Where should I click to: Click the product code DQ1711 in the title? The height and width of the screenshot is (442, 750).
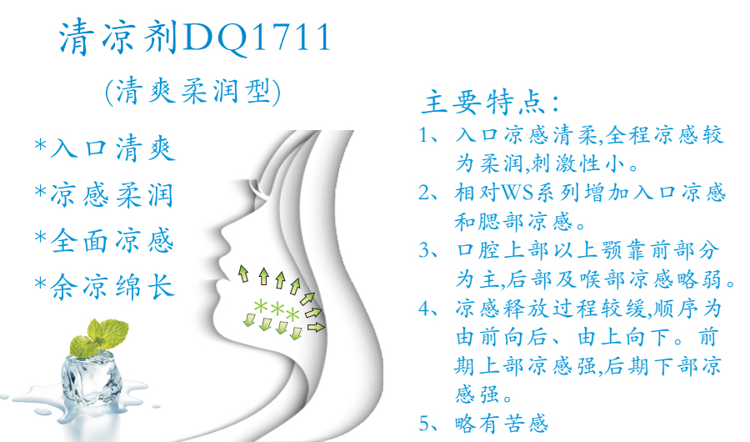pyautogui.click(x=256, y=38)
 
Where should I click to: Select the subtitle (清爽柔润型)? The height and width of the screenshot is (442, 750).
pyautogui.click(x=192, y=91)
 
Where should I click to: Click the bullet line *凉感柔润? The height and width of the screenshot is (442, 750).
pyautogui.click(x=104, y=194)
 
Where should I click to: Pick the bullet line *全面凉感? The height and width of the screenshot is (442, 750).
pyautogui.click(x=104, y=240)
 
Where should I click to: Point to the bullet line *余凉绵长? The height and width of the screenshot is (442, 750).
pyautogui.click(x=104, y=286)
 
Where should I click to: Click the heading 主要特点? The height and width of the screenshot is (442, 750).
pyautogui.click(x=490, y=103)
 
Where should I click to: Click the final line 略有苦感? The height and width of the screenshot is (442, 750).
pyautogui.click(x=502, y=424)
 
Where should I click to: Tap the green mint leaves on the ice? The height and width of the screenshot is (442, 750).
pyautogui.click(x=99, y=338)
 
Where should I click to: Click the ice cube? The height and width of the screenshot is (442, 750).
pyautogui.click(x=92, y=377)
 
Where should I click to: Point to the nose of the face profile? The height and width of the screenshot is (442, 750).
pyautogui.click(x=224, y=236)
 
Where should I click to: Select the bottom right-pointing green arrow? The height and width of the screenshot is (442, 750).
pyautogui.click(x=316, y=327)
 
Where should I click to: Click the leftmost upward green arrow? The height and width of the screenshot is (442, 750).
pyautogui.click(x=243, y=274)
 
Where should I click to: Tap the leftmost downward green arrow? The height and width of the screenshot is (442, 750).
pyautogui.click(x=249, y=319)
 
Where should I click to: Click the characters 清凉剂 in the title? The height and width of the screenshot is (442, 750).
pyautogui.click(x=118, y=38)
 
